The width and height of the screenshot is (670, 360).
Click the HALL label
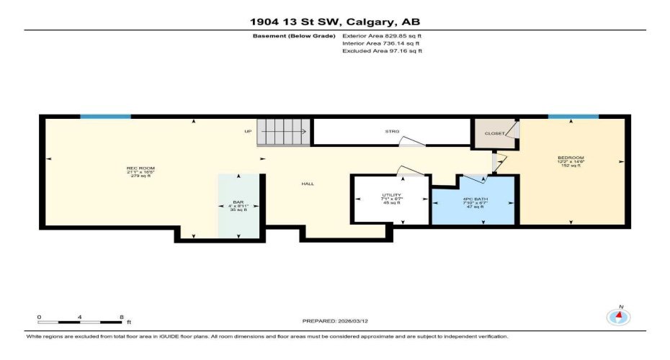pyautogui.click(x=308, y=184)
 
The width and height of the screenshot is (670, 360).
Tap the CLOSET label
pyautogui.click(x=493, y=133)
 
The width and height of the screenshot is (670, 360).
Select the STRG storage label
pyautogui.click(x=392, y=132)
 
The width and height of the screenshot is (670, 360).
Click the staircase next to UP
pyautogui.click(x=283, y=132)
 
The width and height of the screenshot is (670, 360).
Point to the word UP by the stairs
pyautogui.click(x=248, y=132)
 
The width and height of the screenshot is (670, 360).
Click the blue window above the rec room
pyautogui.click(x=105, y=116)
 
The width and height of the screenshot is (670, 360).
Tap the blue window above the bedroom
pyautogui.click(x=573, y=116)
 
